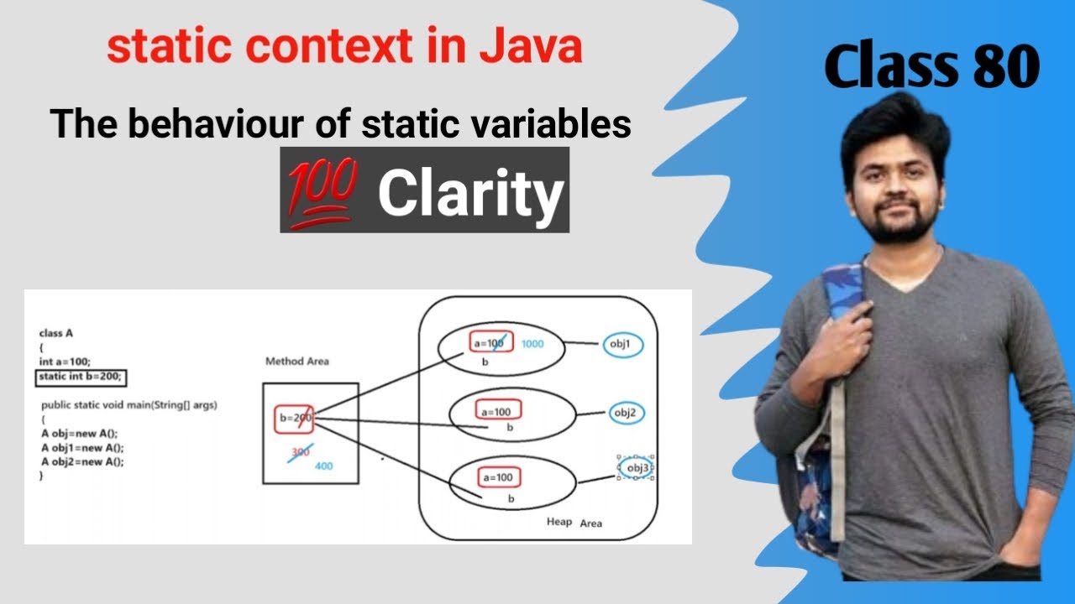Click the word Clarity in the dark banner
pos(470,194)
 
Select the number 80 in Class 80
pos(1007,66)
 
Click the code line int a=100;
pos(65,362)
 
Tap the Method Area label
pos(297,362)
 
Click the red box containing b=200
pos(294,418)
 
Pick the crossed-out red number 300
pos(300,451)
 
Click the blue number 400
pos(323,466)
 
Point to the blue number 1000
pos(532,344)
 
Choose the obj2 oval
pos(627,413)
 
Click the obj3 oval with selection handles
pos(636,467)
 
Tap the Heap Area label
pos(574,523)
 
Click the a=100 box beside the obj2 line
pos(499,411)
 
